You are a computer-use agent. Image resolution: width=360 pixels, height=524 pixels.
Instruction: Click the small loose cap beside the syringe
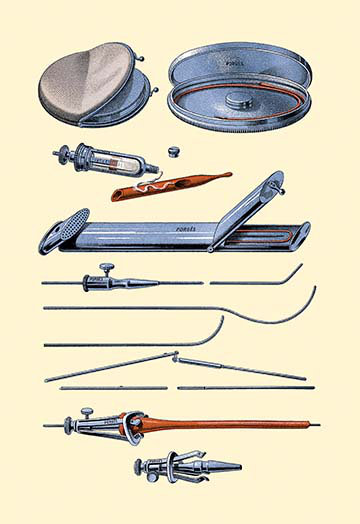[175, 153]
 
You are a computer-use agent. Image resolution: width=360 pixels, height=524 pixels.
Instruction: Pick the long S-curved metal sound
[180, 310]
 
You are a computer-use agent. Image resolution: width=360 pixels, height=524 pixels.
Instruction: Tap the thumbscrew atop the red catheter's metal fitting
[87, 410]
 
